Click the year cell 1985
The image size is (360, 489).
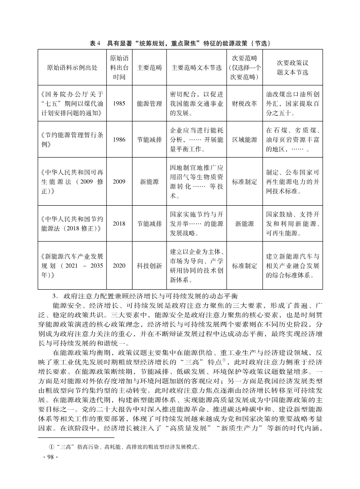[x=119, y=104]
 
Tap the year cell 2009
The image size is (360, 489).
[x=119, y=182]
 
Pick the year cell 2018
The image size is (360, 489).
[x=119, y=223]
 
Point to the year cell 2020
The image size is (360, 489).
[x=119, y=266]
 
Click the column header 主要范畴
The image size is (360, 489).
[x=149, y=68]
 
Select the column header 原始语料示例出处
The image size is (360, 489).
[x=72, y=68]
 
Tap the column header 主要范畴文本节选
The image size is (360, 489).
[x=197, y=68]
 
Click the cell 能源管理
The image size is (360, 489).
[x=149, y=104]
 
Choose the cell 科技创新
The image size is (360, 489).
[x=149, y=266]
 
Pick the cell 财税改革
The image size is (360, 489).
[x=245, y=104]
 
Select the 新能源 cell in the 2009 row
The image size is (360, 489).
[x=149, y=182]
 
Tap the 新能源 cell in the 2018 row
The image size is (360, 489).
[x=245, y=223]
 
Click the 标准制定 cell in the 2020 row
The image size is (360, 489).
[x=245, y=266]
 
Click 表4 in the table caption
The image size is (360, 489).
[x=94, y=44]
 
